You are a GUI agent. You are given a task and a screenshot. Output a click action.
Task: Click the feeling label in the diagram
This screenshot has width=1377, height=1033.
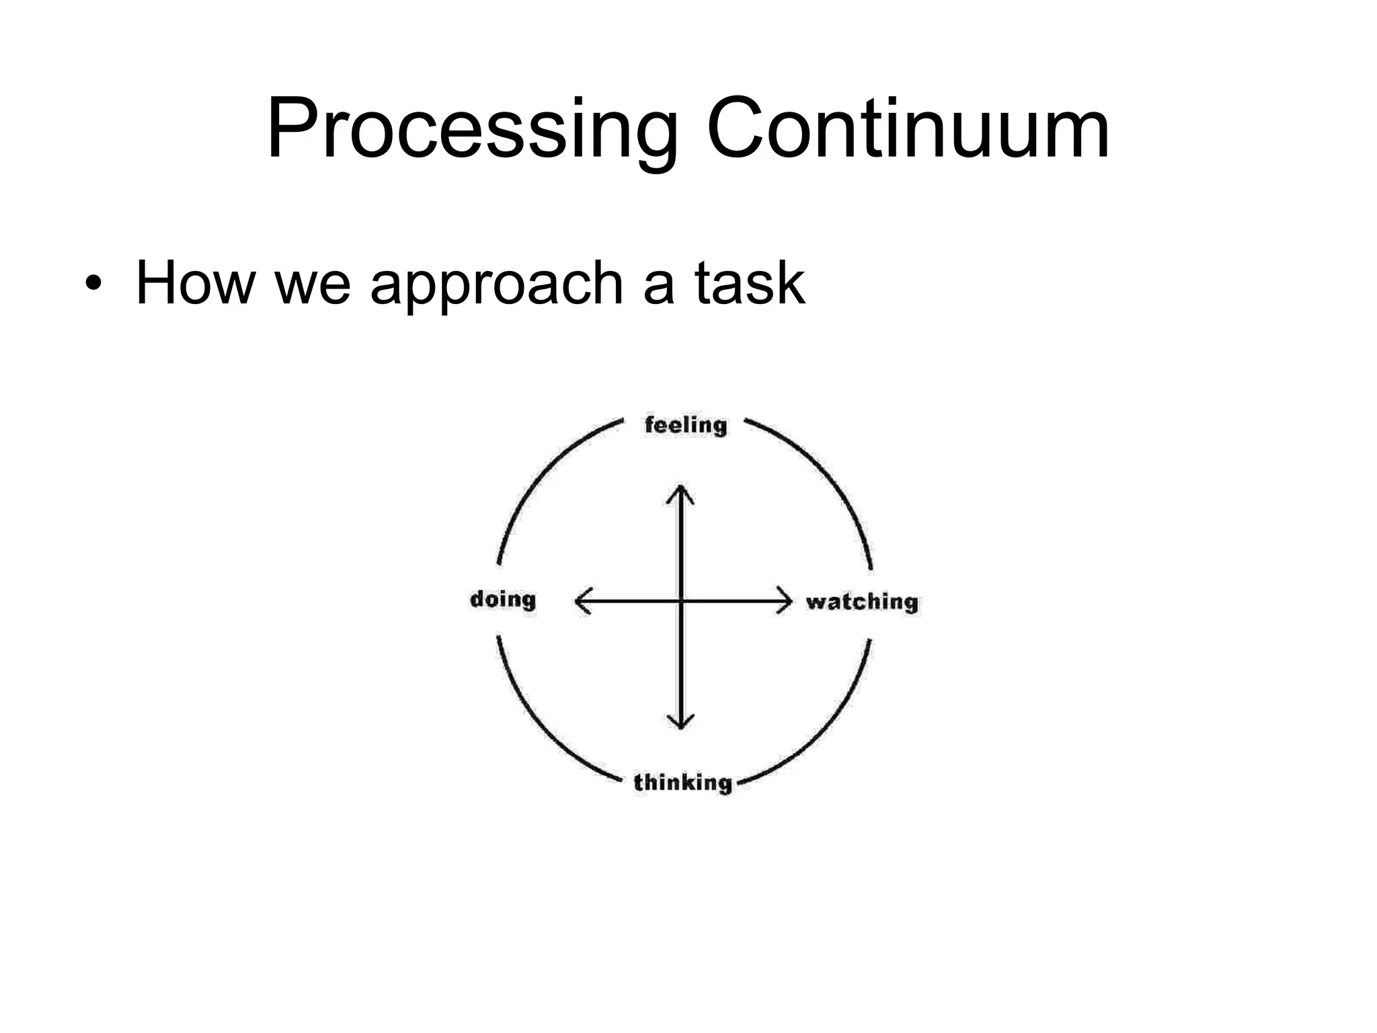click(685, 425)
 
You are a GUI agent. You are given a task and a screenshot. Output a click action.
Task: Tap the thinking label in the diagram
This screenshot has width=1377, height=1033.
click(682, 783)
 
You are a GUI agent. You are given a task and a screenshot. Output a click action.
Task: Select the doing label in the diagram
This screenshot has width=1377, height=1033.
click(503, 599)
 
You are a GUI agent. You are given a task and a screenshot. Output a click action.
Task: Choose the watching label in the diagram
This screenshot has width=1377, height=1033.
click(862, 601)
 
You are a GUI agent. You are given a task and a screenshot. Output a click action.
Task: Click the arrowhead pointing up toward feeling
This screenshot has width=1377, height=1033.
click(680, 491)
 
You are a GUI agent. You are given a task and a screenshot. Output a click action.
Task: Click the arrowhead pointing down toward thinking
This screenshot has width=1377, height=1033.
click(680, 722)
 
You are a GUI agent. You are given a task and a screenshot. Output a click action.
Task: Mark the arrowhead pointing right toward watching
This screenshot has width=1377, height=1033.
click(785, 600)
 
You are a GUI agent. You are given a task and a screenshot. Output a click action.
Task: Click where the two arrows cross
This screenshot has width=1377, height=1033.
click(680, 600)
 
